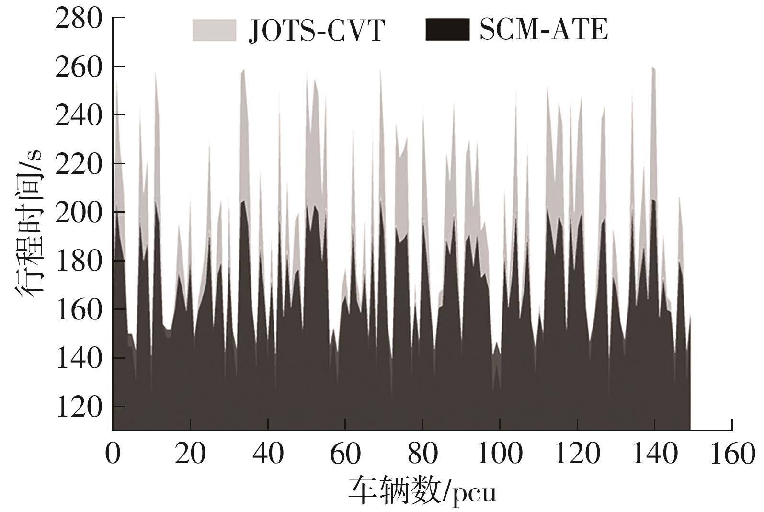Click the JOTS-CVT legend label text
[316, 30]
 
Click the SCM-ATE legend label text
[544, 29]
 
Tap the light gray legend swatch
[214, 30]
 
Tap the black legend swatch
[447, 30]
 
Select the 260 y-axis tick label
[79, 67]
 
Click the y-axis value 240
[79, 115]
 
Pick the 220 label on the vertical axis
[79, 164]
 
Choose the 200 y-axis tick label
[79, 213]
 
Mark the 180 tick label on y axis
[79, 262]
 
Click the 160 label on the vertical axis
[79, 310]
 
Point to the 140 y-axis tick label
[79, 358]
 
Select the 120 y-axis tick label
[79, 407]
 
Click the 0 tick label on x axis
[113, 453]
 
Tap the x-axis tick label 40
[268, 453]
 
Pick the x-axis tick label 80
[422, 453]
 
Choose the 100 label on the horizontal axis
[500, 453]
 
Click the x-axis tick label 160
[732, 453]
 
